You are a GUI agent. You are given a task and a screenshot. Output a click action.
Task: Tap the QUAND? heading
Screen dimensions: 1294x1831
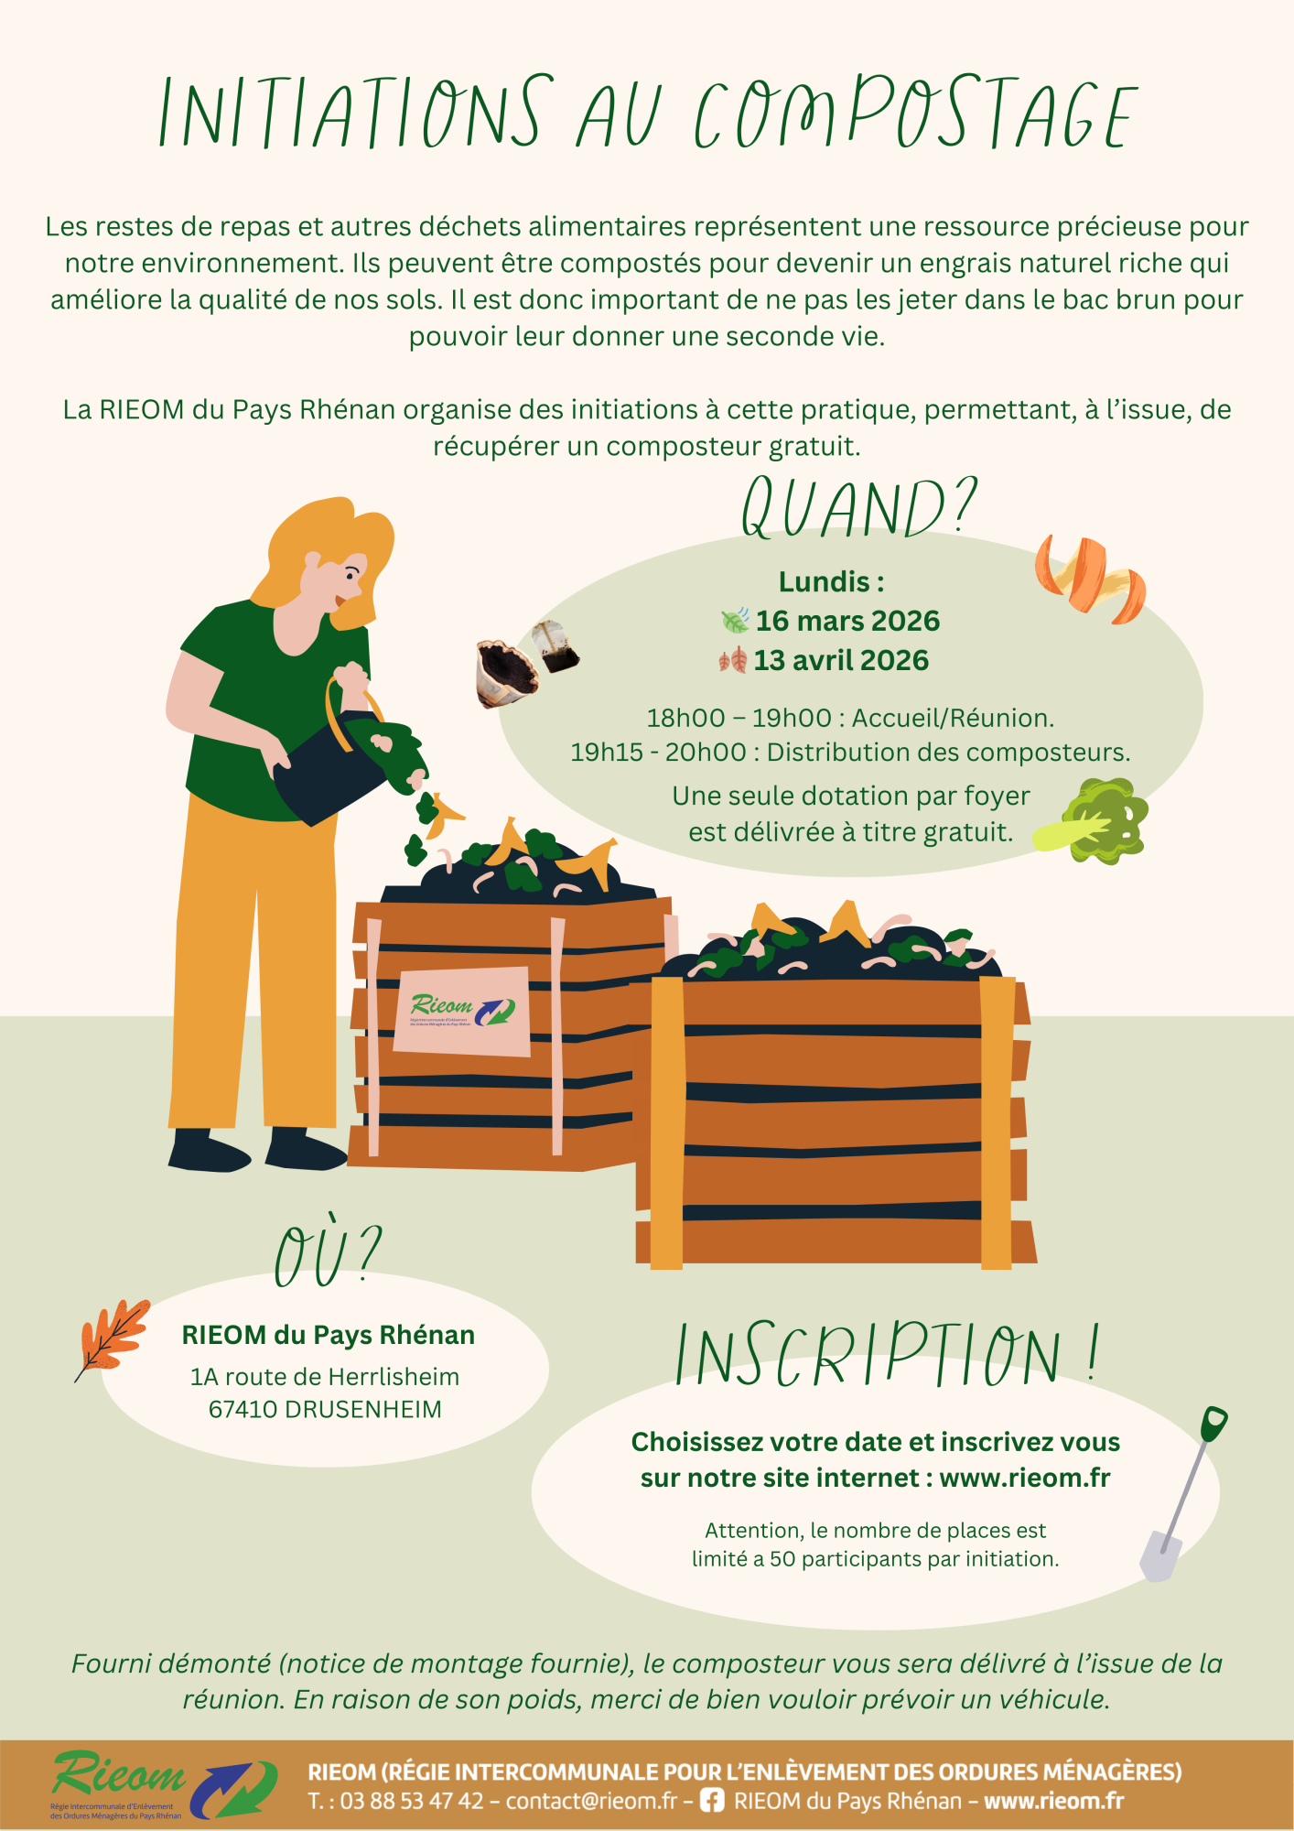point(859,507)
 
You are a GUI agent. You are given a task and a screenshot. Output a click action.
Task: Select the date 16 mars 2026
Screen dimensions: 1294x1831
point(847,621)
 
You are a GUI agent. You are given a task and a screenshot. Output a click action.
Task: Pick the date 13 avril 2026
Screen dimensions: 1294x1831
point(841,660)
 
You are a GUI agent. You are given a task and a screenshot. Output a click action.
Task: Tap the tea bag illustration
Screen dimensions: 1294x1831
point(555,646)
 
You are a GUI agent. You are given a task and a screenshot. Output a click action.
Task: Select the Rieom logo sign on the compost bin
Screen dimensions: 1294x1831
point(462,1011)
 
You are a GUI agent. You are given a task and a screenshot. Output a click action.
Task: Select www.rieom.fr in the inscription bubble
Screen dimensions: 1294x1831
point(1025,1478)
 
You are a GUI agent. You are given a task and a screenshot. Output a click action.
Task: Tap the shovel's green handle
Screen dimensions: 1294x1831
point(1213,1425)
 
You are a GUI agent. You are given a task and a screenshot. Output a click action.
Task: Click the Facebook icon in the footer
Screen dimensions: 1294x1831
point(712,1801)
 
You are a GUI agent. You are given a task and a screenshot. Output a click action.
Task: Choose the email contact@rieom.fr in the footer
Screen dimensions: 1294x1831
point(591,1801)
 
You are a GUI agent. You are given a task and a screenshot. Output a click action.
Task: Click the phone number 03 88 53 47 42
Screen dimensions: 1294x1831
point(412,1801)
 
